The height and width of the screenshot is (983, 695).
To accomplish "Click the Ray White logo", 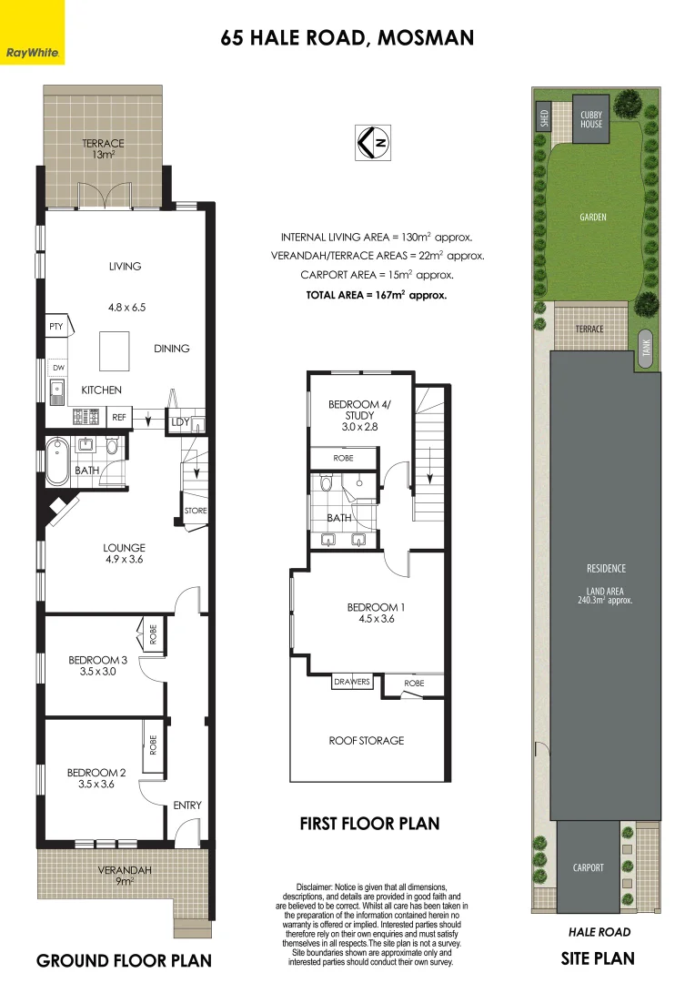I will pyautogui.click(x=33, y=33).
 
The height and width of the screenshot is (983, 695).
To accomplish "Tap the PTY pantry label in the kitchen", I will pyautogui.click(x=55, y=325).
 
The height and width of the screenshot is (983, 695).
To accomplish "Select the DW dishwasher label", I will pyautogui.click(x=58, y=368).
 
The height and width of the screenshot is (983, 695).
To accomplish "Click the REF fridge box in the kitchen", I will pyautogui.click(x=118, y=417).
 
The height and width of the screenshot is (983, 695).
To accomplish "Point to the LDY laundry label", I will pyautogui.click(x=179, y=421).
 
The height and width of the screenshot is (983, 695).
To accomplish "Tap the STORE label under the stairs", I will pyautogui.click(x=196, y=511).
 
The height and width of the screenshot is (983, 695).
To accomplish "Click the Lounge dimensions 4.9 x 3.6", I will pyautogui.click(x=124, y=560).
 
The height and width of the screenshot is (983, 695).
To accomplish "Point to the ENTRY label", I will pyautogui.click(x=187, y=806).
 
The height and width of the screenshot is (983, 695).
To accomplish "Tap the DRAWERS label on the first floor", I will pyautogui.click(x=352, y=682).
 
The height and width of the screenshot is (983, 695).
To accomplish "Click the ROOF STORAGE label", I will pyautogui.click(x=367, y=741).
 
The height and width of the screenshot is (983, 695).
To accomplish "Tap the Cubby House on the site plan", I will pyautogui.click(x=591, y=119).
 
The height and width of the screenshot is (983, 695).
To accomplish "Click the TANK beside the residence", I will pyautogui.click(x=646, y=348).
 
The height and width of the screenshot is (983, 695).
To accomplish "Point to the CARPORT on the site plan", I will pyautogui.click(x=588, y=867).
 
